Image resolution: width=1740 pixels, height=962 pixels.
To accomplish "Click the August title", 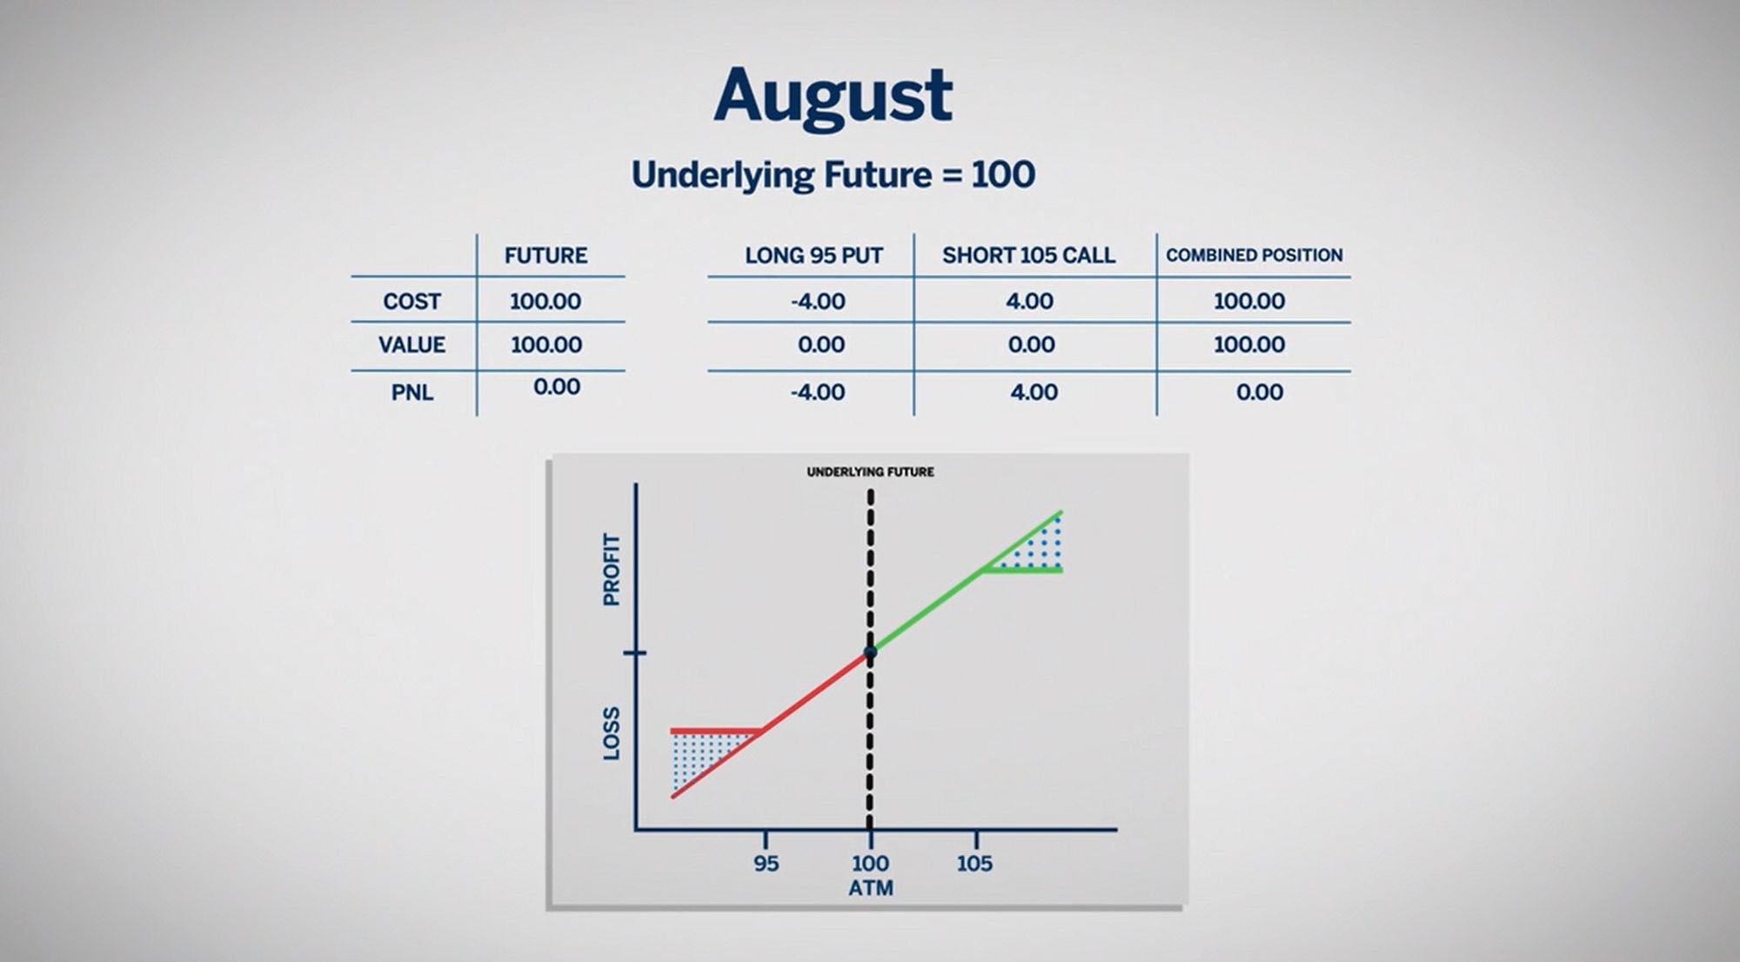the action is tap(833, 98).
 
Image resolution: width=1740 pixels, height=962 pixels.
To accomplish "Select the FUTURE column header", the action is tap(545, 256).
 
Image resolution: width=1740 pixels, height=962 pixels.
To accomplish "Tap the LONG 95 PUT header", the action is tap(813, 256).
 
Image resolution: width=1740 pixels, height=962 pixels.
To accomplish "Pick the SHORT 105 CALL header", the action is tap(1028, 256).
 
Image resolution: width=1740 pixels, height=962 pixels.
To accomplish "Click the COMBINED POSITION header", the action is tap(1254, 256).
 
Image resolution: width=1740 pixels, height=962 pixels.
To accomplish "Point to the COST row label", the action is tap(412, 301).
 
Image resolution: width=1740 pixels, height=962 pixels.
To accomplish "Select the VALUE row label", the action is tap(412, 344).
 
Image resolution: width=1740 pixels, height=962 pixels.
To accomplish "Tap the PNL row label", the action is tap(412, 392).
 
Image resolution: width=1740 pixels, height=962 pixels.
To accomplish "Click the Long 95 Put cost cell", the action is tap(818, 301).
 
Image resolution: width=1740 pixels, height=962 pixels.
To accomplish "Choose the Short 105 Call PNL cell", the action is tap(1034, 391).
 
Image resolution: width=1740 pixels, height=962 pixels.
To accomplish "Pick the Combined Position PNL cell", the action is tap(1259, 391).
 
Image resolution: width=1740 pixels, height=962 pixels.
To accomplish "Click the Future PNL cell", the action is tap(556, 386).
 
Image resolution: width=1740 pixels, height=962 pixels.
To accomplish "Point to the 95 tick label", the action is tap(766, 864).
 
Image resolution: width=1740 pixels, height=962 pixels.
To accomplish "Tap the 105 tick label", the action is tap(974, 864).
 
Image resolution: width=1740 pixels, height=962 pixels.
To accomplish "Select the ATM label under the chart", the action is tap(870, 888).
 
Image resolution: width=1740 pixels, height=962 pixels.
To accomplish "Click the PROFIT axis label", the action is tap(612, 570).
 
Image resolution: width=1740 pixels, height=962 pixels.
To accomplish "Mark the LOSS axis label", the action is tap(612, 733).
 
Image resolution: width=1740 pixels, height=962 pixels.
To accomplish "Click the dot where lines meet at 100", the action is tap(870, 652).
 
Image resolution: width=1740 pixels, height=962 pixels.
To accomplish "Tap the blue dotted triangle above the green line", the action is tap(1036, 548).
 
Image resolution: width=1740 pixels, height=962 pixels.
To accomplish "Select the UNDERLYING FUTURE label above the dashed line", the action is tap(870, 472).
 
